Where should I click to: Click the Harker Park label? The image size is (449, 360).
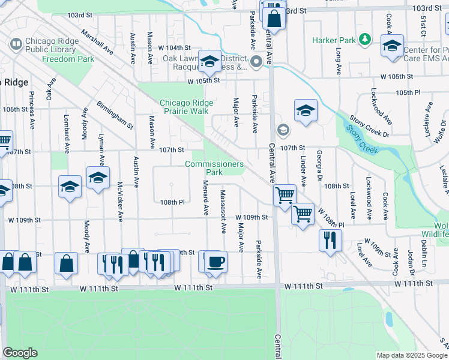pyautogui.click(x=334, y=40)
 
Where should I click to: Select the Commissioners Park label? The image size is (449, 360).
pyautogui.click(x=214, y=168)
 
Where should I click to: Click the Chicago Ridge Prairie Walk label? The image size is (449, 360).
pyautogui.click(x=187, y=107)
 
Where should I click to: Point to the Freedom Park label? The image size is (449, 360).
pyautogui.click(x=68, y=59)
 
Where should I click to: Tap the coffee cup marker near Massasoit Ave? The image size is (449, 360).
pyautogui.click(x=216, y=262)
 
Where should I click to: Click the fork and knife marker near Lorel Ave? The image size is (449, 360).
pyautogui.click(x=330, y=240)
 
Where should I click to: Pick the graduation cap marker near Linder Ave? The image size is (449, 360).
pyautogui.click(x=306, y=110)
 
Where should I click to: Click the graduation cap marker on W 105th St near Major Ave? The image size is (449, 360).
pyautogui.click(x=209, y=61)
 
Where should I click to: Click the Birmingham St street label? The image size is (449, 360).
pyautogui.click(x=115, y=115)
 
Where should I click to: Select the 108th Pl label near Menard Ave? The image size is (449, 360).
pyautogui.click(x=172, y=202)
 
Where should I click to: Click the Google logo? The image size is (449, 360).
pyautogui.click(x=20, y=353)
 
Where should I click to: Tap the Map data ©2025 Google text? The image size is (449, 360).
pyautogui.click(x=411, y=355)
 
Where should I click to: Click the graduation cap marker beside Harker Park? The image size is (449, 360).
pyautogui.click(x=392, y=46)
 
